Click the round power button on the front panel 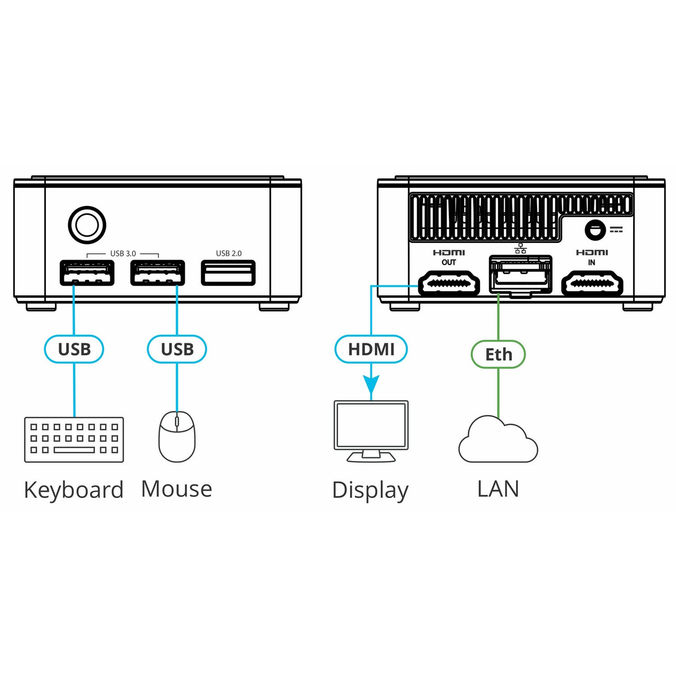(87, 225)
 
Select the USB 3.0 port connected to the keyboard (87, 273)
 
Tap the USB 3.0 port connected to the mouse (157, 273)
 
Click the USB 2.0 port (228, 273)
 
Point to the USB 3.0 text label (123, 253)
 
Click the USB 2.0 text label (228, 253)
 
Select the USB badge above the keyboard (74, 349)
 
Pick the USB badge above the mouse (177, 349)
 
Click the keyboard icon (74, 439)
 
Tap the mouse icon (177, 437)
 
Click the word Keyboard (74, 490)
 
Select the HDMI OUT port (449, 284)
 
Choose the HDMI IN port (591, 284)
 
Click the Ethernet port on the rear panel (520, 275)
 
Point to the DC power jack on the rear (595, 230)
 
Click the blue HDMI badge (371, 349)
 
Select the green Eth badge (498, 354)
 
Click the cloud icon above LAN (497, 440)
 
